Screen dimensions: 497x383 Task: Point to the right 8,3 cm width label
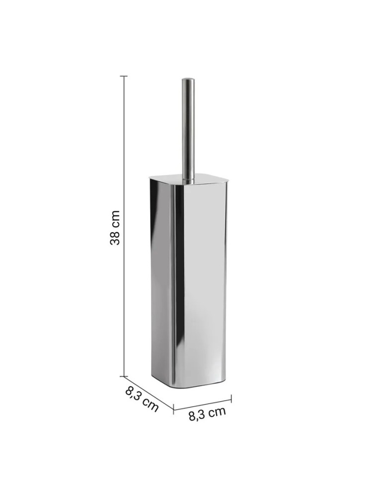point(207,414)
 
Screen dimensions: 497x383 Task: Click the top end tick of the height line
point(124,76)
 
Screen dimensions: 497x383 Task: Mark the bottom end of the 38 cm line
point(124,376)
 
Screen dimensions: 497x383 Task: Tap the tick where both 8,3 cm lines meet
point(173,410)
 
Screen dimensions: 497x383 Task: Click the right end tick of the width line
point(231,397)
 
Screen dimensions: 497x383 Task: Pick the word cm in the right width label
point(217,412)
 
